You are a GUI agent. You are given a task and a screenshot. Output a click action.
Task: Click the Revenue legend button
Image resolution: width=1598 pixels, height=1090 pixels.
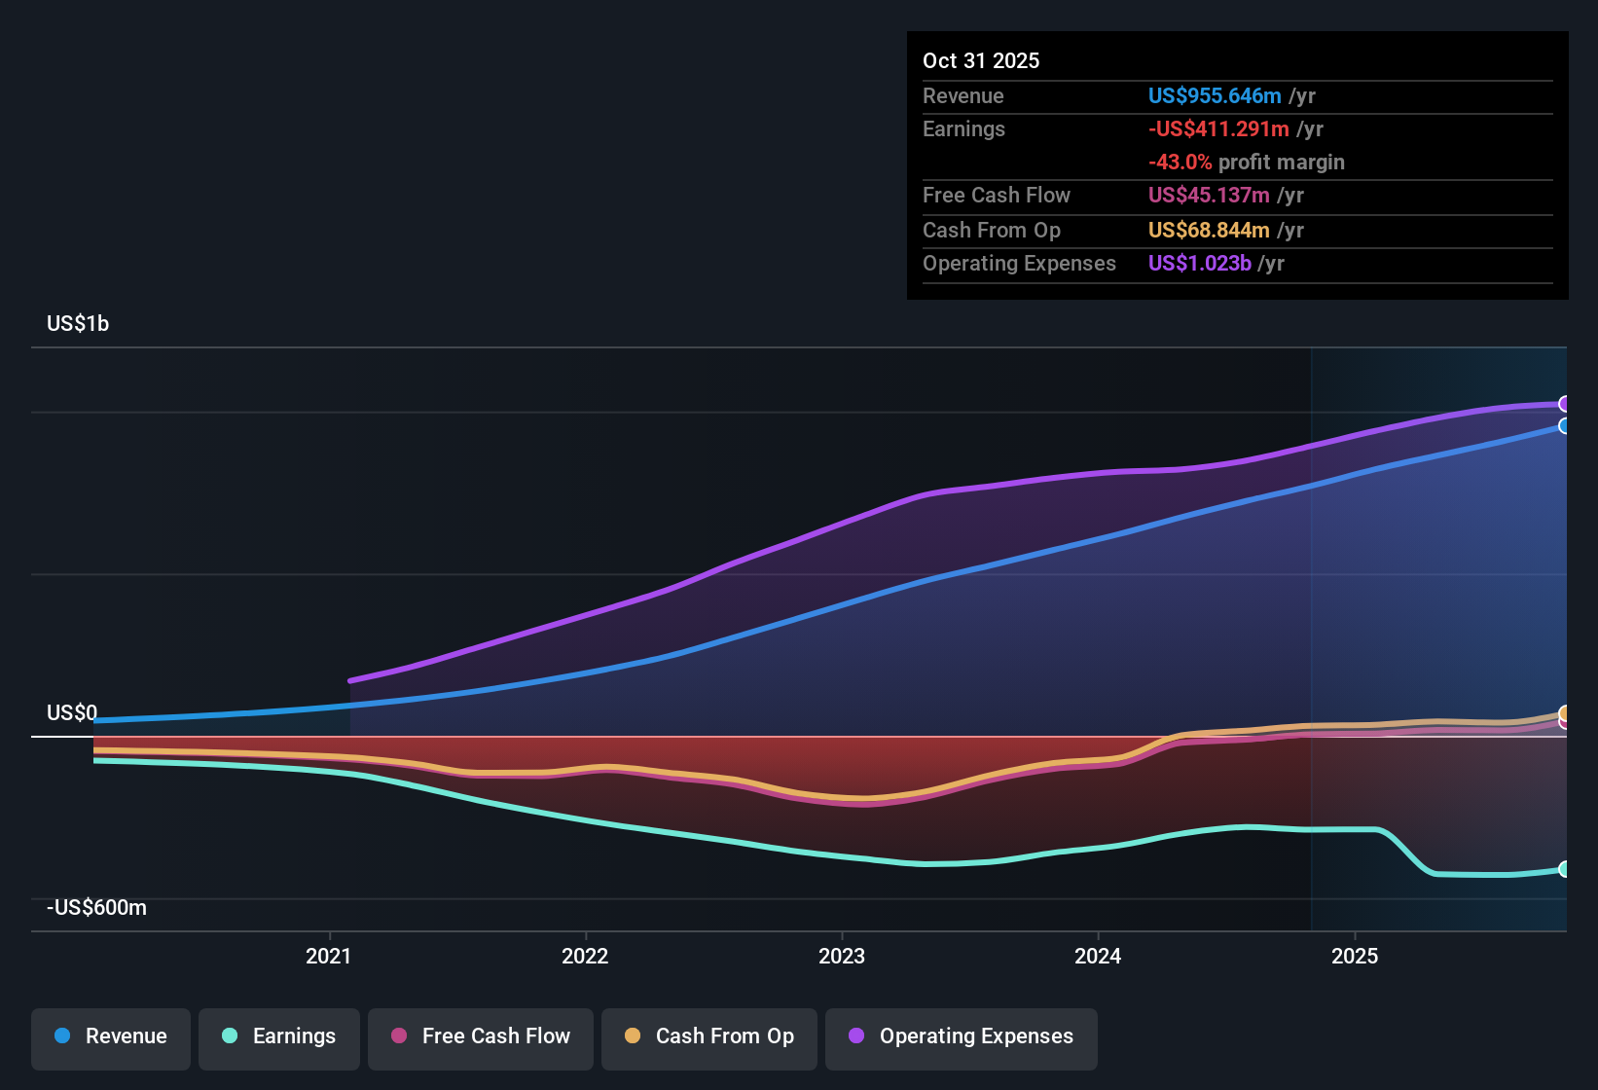tap(111, 1036)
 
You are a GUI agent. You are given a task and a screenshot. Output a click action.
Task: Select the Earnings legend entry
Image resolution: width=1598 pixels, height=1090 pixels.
tap(279, 1036)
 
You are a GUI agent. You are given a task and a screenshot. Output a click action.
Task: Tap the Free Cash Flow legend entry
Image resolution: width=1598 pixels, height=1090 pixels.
tap(481, 1036)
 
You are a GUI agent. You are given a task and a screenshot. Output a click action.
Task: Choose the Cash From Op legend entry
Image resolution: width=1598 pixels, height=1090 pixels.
tap(709, 1036)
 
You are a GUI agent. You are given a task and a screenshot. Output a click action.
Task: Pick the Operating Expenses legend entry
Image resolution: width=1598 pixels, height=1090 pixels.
tap(962, 1036)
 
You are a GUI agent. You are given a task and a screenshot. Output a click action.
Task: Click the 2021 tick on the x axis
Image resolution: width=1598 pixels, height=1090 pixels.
tap(329, 956)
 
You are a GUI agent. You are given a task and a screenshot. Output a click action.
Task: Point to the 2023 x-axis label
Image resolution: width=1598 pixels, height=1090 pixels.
tap(842, 956)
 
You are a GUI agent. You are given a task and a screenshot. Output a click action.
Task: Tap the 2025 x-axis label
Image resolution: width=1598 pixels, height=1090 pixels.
tap(1355, 956)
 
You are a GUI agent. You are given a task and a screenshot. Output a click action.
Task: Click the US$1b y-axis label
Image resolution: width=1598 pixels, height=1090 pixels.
tap(78, 323)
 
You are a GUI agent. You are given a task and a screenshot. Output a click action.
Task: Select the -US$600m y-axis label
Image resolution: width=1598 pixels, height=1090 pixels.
tap(96, 907)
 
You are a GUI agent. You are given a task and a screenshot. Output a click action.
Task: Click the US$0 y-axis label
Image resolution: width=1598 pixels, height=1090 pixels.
tap(72, 712)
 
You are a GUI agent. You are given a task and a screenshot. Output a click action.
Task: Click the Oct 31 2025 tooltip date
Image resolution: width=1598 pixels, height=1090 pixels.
tap(981, 60)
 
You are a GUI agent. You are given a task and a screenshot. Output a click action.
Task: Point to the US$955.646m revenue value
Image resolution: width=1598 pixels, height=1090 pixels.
tap(1214, 95)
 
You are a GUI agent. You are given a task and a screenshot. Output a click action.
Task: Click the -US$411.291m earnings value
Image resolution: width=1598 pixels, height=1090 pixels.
tap(1218, 128)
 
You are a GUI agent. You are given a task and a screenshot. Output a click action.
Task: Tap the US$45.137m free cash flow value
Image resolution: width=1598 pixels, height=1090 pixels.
tap(1210, 195)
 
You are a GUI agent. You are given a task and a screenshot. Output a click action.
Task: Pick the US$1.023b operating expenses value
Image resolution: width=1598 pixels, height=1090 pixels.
tap(1199, 263)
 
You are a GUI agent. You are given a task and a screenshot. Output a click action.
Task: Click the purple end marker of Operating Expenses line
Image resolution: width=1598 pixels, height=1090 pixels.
tap(1564, 404)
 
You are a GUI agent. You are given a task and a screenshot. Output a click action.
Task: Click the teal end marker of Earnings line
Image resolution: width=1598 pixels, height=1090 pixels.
tap(1564, 869)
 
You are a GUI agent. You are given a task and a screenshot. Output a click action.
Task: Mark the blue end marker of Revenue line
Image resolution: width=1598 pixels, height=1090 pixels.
tap(1564, 426)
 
